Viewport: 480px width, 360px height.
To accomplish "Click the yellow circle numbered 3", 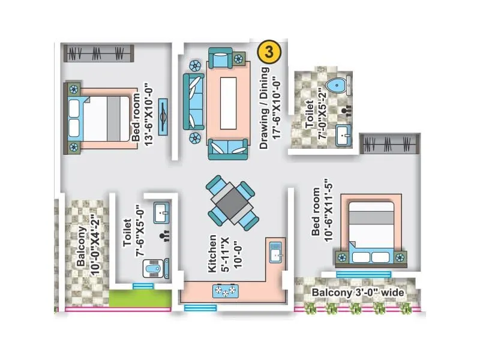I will click(x=269, y=52).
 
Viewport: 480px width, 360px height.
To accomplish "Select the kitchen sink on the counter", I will click(x=275, y=253).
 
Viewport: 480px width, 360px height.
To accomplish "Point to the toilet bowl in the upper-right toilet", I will click(x=340, y=85).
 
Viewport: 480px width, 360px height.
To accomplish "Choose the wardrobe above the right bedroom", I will click(x=389, y=144).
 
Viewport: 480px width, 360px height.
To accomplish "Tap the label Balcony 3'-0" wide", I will click(x=357, y=293).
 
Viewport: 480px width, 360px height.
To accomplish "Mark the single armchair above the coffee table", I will click(x=221, y=59).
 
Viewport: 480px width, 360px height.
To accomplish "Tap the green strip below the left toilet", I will click(x=140, y=299).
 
